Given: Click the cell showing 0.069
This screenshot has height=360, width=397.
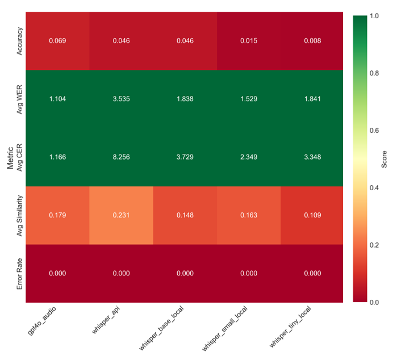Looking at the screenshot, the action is (57, 41).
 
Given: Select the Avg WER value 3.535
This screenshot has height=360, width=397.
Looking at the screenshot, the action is (122, 99).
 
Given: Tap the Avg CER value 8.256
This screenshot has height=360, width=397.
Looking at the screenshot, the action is (122, 157).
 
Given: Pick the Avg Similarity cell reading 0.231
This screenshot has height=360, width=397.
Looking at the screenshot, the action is (122, 215).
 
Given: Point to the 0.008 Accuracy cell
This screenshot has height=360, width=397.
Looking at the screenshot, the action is (312, 41).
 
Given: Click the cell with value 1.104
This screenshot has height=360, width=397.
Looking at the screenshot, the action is (57, 99).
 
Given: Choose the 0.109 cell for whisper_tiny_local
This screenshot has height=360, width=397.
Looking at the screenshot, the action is (312, 215).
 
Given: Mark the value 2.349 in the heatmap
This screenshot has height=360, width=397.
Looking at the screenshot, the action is (249, 157).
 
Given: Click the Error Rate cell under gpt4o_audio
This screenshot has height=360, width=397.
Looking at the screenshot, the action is (57, 274).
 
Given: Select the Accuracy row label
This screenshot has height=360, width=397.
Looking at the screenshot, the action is (19, 41).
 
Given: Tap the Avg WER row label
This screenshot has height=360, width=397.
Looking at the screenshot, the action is (19, 99).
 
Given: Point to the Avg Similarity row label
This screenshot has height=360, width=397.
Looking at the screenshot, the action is (19, 216).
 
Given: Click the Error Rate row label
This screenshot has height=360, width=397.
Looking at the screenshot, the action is (19, 274).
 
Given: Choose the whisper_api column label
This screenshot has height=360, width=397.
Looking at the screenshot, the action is (106, 320).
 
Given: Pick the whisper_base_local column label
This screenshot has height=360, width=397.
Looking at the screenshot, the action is (161, 328).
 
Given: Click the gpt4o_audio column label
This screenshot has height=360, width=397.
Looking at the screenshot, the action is (42, 320).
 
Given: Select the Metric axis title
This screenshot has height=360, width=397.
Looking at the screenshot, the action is (10, 157).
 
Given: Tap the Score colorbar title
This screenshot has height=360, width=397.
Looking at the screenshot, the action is (384, 159).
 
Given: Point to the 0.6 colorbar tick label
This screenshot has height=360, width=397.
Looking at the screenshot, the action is (374, 131).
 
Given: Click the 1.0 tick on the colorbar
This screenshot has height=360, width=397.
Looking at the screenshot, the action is (374, 16).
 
